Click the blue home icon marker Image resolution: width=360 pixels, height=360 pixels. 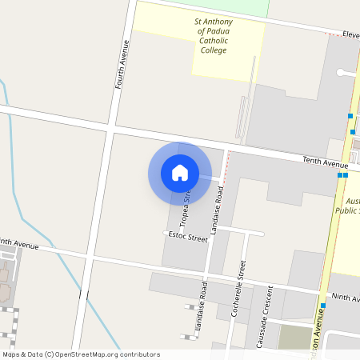[179, 173]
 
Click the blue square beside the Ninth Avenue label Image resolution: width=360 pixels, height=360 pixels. [323, 306]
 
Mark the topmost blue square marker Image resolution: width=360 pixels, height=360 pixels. [350, 117]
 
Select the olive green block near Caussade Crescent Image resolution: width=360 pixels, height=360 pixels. [294, 337]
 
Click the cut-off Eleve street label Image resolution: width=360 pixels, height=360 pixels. [350, 34]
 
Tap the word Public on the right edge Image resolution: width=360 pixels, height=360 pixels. [348, 210]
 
